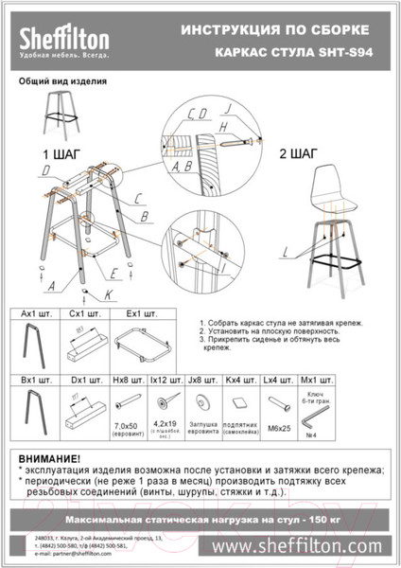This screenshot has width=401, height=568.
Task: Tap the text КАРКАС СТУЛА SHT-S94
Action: coord(293,55)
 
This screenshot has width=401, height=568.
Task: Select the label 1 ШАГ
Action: coord(57,153)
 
